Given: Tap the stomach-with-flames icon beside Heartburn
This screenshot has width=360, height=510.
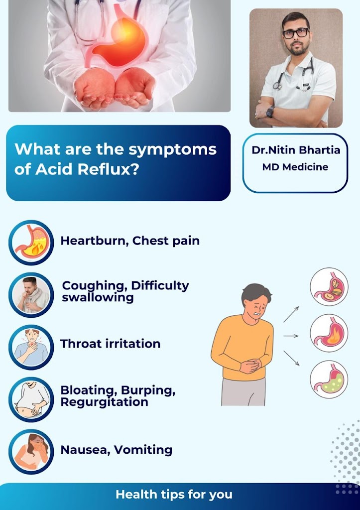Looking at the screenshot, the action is point(31,243).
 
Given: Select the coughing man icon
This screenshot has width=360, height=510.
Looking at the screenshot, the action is point(31,295).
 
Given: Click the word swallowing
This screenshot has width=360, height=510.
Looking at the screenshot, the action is point(98,298).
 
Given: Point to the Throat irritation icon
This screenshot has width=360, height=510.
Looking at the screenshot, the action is point(31,347).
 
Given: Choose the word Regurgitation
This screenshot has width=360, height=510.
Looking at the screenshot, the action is point(105,402).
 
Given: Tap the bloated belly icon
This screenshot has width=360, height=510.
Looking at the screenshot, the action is point(31,399).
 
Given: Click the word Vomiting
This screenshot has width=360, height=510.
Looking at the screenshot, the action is point(143,450).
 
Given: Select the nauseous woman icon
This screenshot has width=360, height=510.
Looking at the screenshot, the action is point(31,452).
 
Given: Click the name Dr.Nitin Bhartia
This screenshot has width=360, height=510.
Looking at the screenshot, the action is point(296,150).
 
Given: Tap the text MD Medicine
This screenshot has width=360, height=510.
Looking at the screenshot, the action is point(295,167).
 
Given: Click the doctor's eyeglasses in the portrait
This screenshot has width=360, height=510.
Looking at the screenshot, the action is point(296,33).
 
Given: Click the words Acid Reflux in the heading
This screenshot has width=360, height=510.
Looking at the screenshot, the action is point(82,169).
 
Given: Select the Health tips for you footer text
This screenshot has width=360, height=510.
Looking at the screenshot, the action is point(174,495).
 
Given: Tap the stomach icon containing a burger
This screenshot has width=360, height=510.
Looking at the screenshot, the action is point(329,287).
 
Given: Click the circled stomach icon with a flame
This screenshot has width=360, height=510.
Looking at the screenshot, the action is point(329,333).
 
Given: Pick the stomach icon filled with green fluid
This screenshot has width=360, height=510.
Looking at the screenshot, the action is point(329,379).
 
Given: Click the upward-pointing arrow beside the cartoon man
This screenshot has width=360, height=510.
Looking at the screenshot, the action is point(291,314).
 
